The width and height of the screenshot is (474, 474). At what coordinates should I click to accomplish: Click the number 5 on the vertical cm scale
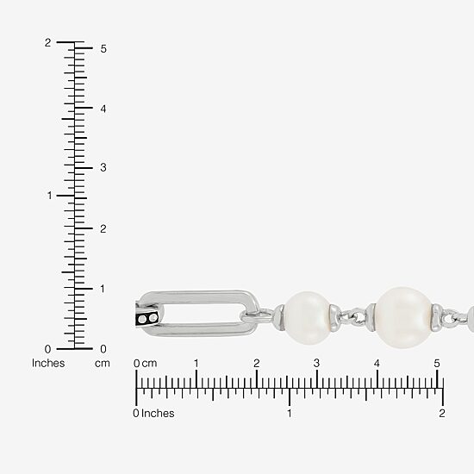click(x=103, y=48)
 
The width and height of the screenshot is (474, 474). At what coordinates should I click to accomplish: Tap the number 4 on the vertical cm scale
click(x=103, y=109)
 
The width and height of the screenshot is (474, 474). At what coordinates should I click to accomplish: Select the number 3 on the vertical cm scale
click(x=103, y=167)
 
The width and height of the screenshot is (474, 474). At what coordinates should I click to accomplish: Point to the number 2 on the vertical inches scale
click(x=47, y=42)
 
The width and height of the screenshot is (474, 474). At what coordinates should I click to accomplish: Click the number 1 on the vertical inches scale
click(x=50, y=196)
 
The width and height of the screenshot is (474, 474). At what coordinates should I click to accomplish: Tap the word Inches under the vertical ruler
click(x=48, y=363)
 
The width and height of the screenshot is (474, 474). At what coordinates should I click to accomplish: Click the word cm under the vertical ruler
click(x=103, y=364)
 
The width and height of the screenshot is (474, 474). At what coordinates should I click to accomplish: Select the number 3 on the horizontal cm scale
click(x=316, y=363)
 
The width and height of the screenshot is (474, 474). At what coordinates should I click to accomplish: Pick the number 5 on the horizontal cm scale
click(x=437, y=363)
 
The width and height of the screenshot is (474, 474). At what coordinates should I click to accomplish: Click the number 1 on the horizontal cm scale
click(x=196, y=363)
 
